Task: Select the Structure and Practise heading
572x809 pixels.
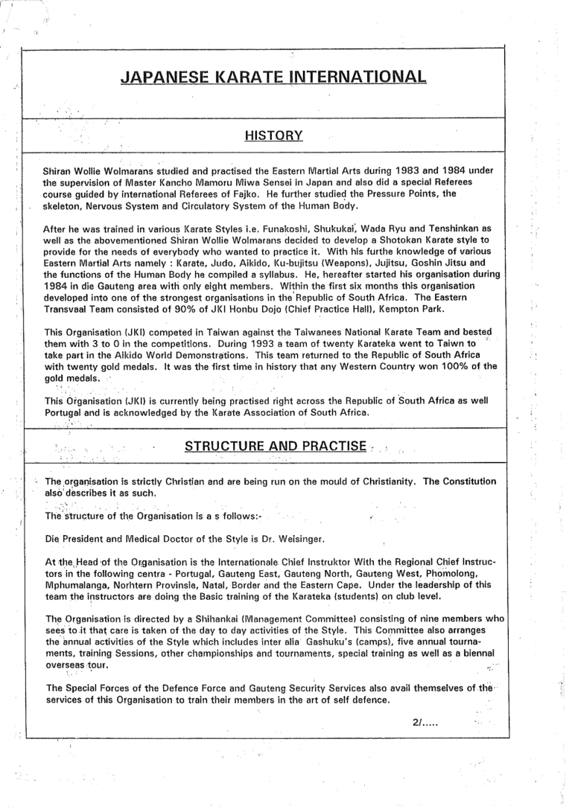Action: coord(273,447)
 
